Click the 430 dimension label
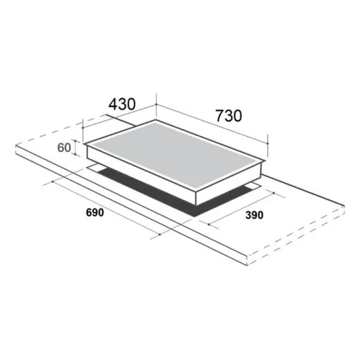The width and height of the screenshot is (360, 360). pyautogui.click(x=122, y=104)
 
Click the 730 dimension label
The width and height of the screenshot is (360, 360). pyautogui.click(x=229, y=116)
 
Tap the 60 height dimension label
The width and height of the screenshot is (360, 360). pyautogui.click(x=64, y=148)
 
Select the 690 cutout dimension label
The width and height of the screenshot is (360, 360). pyautogui.click(x=95, y=212)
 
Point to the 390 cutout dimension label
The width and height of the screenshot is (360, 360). pyautogui.click(x=254, y=215)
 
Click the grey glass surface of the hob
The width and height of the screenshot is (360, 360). pyautogui.click(x=174, y=153)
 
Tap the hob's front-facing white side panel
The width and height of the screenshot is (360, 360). pyautogui.click(x=142, y=175)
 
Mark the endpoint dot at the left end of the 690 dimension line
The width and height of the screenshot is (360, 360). pyautogui.click(x=53, y=181)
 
